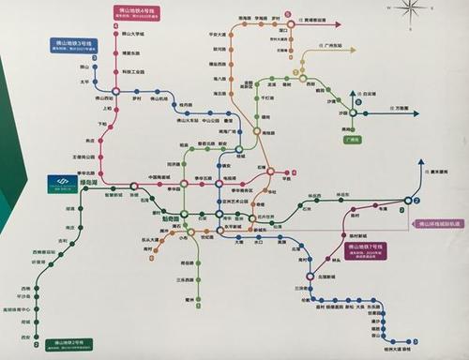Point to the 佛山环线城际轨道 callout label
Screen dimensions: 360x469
438,224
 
